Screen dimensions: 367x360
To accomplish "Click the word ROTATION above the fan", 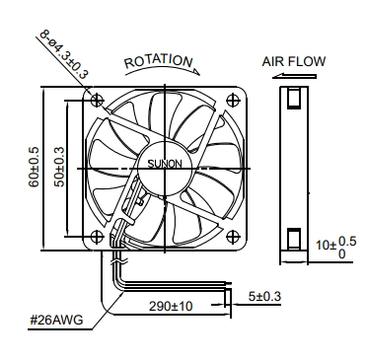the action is point(159,61).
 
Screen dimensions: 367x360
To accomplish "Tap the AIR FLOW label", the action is point(294,61).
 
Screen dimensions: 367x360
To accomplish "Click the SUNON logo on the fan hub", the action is point(165,164).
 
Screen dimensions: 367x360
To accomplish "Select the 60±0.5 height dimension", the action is point(34,167).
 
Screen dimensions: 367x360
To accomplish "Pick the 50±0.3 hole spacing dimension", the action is point(59,167).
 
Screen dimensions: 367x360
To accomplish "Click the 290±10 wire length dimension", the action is point(171,307).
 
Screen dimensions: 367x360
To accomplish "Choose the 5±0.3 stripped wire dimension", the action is point(264,297).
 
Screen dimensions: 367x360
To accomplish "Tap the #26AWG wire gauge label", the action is point(56,320).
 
